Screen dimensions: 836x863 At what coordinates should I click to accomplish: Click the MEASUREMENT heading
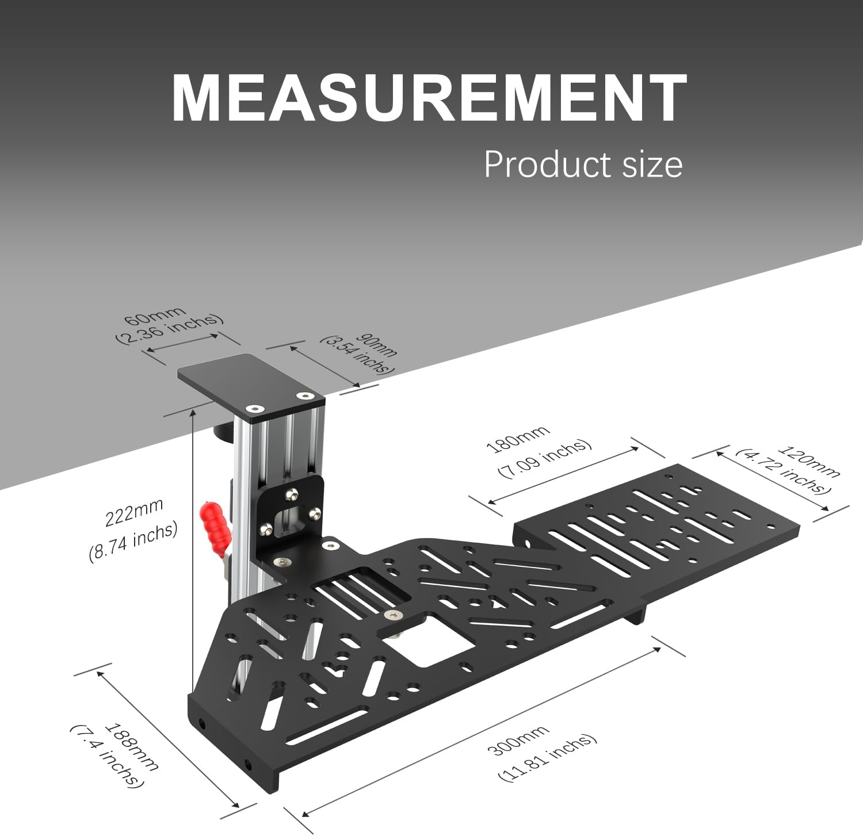[x=429, y=98]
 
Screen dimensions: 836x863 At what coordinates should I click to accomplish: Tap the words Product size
[x=583, y=164]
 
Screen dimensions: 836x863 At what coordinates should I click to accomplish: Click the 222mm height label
[x=134, y=512]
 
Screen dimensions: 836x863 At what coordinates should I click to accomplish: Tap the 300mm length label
[x=518, y=741]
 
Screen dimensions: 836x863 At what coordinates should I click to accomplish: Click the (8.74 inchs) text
[x=133, y=542]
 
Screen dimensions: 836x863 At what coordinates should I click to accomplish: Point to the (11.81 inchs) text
[x=547, y=757]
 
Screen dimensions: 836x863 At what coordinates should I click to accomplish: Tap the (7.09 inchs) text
[x=544, y=458]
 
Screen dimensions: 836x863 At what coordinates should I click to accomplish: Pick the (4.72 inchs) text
[x=784, y=471]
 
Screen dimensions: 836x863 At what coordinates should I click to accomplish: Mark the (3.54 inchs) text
[x=357, y=355]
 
